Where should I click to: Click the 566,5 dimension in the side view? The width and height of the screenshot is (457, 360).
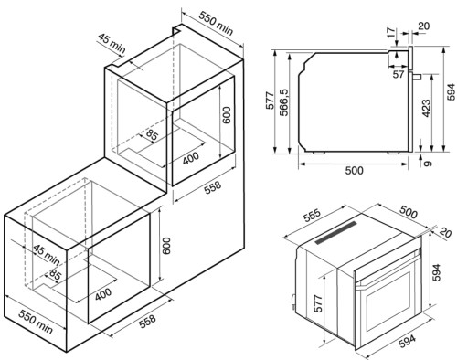pyautogui.click(x=284, y=103)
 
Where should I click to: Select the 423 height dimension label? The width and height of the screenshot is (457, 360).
pyautogui.click(x=427, y=108)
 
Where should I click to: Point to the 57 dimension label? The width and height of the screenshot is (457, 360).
pyautogui.click(x=398, y=74)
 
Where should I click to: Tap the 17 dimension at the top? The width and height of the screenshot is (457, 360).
pyautogui.click(x=392, y=32)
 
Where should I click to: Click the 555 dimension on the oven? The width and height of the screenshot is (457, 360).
pyautogui.click(x=312, y=216)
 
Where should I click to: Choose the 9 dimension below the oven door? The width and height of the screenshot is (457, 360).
pyautogui.click(x=428, y=163)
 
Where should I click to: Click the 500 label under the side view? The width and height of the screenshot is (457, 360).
pyautogui.click(x=354, y=171)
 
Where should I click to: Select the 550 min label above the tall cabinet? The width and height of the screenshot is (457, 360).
pyautogui.click(x=216, y=24)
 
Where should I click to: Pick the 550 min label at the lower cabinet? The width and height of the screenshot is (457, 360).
pyautogui.click(x=36, y=322)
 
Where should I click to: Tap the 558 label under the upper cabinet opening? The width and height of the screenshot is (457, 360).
pyautogui.click(x=212, y=187)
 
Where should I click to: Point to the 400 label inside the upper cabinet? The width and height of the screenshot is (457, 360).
pyautogui.click(x=191, y=158)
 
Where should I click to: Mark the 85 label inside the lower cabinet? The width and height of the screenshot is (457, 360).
pyautogui.click(x=55, y=275)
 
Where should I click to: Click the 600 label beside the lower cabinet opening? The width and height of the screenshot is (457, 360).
pyautogui.click(x=166, y=246)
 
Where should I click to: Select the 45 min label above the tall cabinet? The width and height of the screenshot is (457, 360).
pyautogui.click(x=112, y=43)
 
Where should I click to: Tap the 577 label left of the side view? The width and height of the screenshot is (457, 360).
pyautogui.click(x=271, y=101)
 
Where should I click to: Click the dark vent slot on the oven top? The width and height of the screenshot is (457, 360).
pyautogui.click(x=335, y=233)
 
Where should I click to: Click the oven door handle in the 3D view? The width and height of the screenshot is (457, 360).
pyautogui.click(x=387, y=271)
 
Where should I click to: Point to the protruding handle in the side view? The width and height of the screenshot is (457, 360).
pyautogui.click(x=416, y=77)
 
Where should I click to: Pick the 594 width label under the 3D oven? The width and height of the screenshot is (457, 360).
pyautogui.click(x=407, y=341)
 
